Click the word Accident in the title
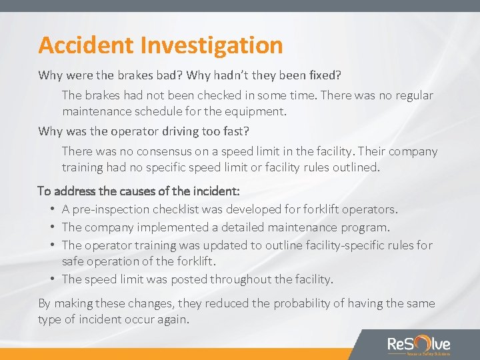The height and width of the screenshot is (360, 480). [x=86, y=45]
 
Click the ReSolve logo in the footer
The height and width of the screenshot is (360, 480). [x=419, y=345]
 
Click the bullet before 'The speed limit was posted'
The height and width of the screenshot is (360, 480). [x=52, y=279]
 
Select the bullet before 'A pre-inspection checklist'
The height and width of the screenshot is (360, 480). [x=52, y=209]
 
